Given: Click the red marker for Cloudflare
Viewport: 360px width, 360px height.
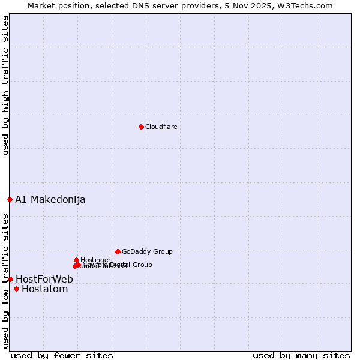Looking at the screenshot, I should [141, 127].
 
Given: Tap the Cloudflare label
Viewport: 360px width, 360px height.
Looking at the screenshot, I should [161, 127].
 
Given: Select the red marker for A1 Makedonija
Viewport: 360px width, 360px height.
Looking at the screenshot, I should [10, 199].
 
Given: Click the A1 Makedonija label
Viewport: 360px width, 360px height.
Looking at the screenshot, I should [50, 199].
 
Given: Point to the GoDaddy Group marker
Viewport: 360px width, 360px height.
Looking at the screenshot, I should [118, 251].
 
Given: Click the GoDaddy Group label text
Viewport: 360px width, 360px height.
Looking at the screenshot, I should [147, 251].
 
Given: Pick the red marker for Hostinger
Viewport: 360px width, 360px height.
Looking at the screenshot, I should [76, 260].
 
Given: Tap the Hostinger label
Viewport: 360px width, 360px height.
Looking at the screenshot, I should [95, 260].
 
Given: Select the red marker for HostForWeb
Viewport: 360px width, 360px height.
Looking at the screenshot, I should [10, 279].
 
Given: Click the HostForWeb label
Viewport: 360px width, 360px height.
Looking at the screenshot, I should [44, 279].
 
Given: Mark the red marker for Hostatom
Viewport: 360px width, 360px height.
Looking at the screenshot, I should [16, 289].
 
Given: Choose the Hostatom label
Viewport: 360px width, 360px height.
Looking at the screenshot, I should [45, 289].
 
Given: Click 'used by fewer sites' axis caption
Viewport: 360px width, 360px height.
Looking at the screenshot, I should [62, 355].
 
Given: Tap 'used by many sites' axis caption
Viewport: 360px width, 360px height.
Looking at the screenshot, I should [301, 355].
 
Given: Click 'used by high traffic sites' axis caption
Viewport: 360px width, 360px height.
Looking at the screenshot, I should [5, 85].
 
